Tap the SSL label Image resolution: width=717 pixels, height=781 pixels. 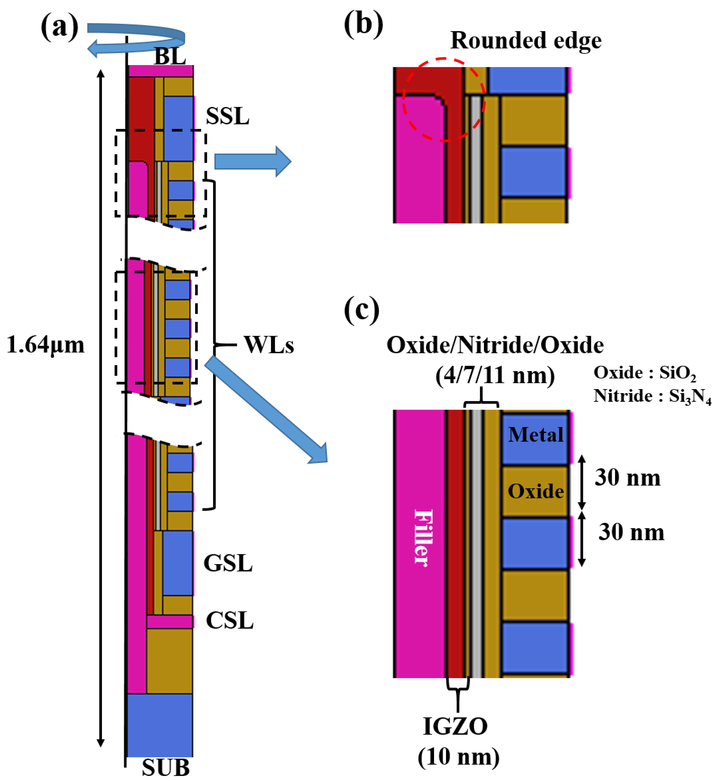pyautogui.click(x=227, y=116)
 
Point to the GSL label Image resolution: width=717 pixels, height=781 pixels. pyautogui.click(x=228, y=563)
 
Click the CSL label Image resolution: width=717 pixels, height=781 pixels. pyautogui.click(x=229, y=620)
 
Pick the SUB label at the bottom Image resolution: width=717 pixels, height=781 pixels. pyautogui.click(x=166, y=767)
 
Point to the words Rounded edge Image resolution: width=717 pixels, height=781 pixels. pyautogui.click(x=526, y=40)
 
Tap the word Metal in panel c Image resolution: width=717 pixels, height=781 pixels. pyautogui.click(x=536, y=435)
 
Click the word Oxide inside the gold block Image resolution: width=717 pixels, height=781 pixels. pyautogui.click(x=536, y=491)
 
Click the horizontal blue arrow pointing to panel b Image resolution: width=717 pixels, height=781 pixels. pyautogui.click(x=252, y=161)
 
